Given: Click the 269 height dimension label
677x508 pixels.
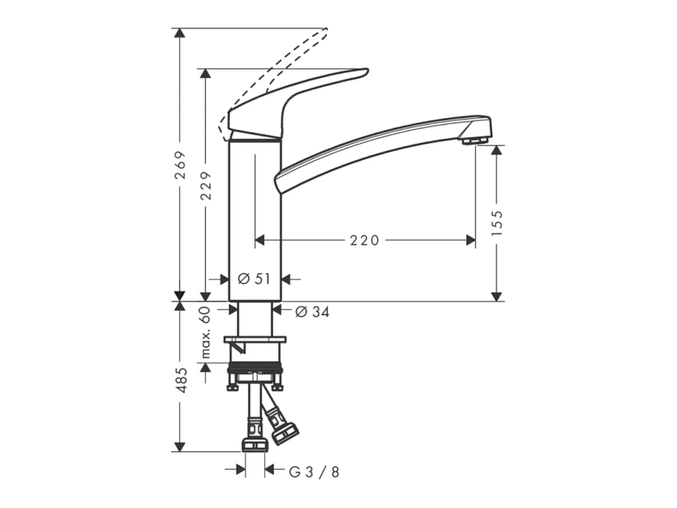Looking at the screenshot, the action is click(180, 165).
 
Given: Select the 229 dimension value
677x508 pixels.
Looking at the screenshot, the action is click(206, 185).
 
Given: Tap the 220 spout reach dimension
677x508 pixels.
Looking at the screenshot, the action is click(364, 241).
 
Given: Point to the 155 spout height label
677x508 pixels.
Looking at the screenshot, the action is click(497, 223).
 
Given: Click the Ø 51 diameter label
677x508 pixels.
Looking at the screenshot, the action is click(254, 279).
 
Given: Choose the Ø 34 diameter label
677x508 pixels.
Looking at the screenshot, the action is click(312, 311).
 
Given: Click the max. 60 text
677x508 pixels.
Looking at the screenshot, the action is click(206, 333).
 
